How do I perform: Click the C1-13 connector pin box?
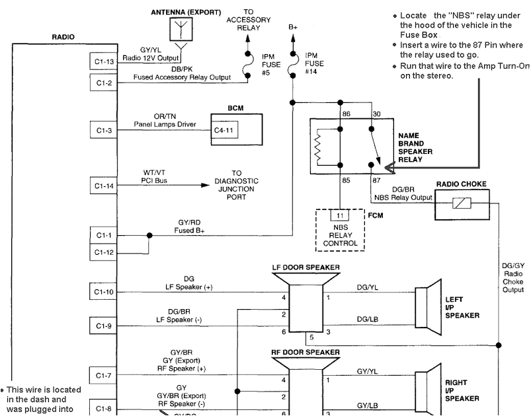[103, 62]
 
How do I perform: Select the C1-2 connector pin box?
[103, 83]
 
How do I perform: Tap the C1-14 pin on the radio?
[103, 186]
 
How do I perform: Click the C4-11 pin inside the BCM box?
[224, 131]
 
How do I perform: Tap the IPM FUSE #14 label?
[315, 63]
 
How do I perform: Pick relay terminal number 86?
[346, 114]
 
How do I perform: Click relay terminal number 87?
[376, 180]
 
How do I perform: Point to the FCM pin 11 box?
[340, 216]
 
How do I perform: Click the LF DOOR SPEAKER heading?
[306, 267]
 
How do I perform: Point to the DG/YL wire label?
[367, 288]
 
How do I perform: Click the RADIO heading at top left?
[63, 37]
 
